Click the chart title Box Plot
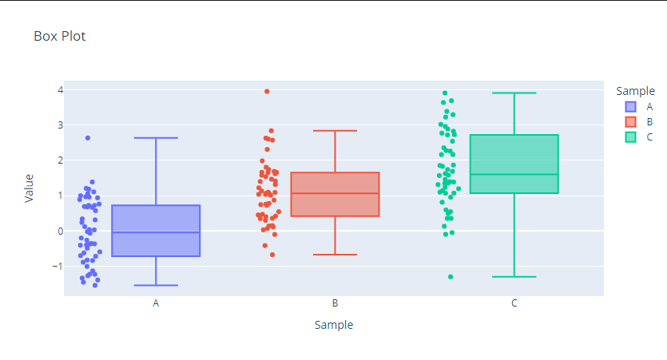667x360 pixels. click(x=59, y=36)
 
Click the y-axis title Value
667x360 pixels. click(x=30, y=188)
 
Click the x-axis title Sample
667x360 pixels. click(x=334, y=325)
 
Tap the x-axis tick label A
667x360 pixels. click(x=156, y=303)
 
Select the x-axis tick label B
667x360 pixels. click(x=335, y=303)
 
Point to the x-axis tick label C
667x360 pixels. click(x=514, y=303)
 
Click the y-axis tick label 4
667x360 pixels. click(x=59, y=89)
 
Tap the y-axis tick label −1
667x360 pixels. click(x=57, y=266)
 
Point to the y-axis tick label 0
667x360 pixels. click(x=59, y=231)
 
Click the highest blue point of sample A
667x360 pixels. click(x=88, y=138)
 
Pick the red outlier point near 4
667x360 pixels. click(x=267, y=92)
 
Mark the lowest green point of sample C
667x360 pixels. click(x=451, y=277)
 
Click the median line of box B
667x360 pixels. click(x=335, y=193)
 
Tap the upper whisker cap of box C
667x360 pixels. click(x=514, y=93)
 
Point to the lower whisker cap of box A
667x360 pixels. click(x=156, y=285)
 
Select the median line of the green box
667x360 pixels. click(x=514, y=174)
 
